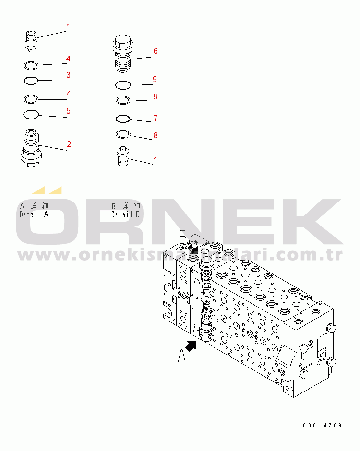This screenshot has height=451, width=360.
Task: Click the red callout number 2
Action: coord(69,143)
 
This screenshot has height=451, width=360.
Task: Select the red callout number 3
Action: coord(69,75)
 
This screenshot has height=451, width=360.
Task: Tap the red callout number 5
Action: coord(69,111)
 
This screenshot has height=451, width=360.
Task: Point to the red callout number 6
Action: coord(156,51)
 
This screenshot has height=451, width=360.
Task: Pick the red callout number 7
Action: coord(156,118)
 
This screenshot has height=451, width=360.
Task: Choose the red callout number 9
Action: coord(155,79)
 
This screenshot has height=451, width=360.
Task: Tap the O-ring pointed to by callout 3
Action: coord(31,80)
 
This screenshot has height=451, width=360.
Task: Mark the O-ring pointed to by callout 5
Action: coord(31,114)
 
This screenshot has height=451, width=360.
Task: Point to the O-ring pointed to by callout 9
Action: coord(123,85)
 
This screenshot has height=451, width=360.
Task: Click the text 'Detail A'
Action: coord(34,214)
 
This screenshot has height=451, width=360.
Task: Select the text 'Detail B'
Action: coord(125,214)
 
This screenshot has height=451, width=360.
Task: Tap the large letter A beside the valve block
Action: coord(182,356)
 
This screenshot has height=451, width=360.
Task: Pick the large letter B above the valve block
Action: coord(183,237)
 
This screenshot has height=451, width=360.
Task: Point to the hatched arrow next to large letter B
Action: coord(193,248)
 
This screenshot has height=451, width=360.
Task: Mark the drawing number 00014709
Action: coord(322,426)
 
